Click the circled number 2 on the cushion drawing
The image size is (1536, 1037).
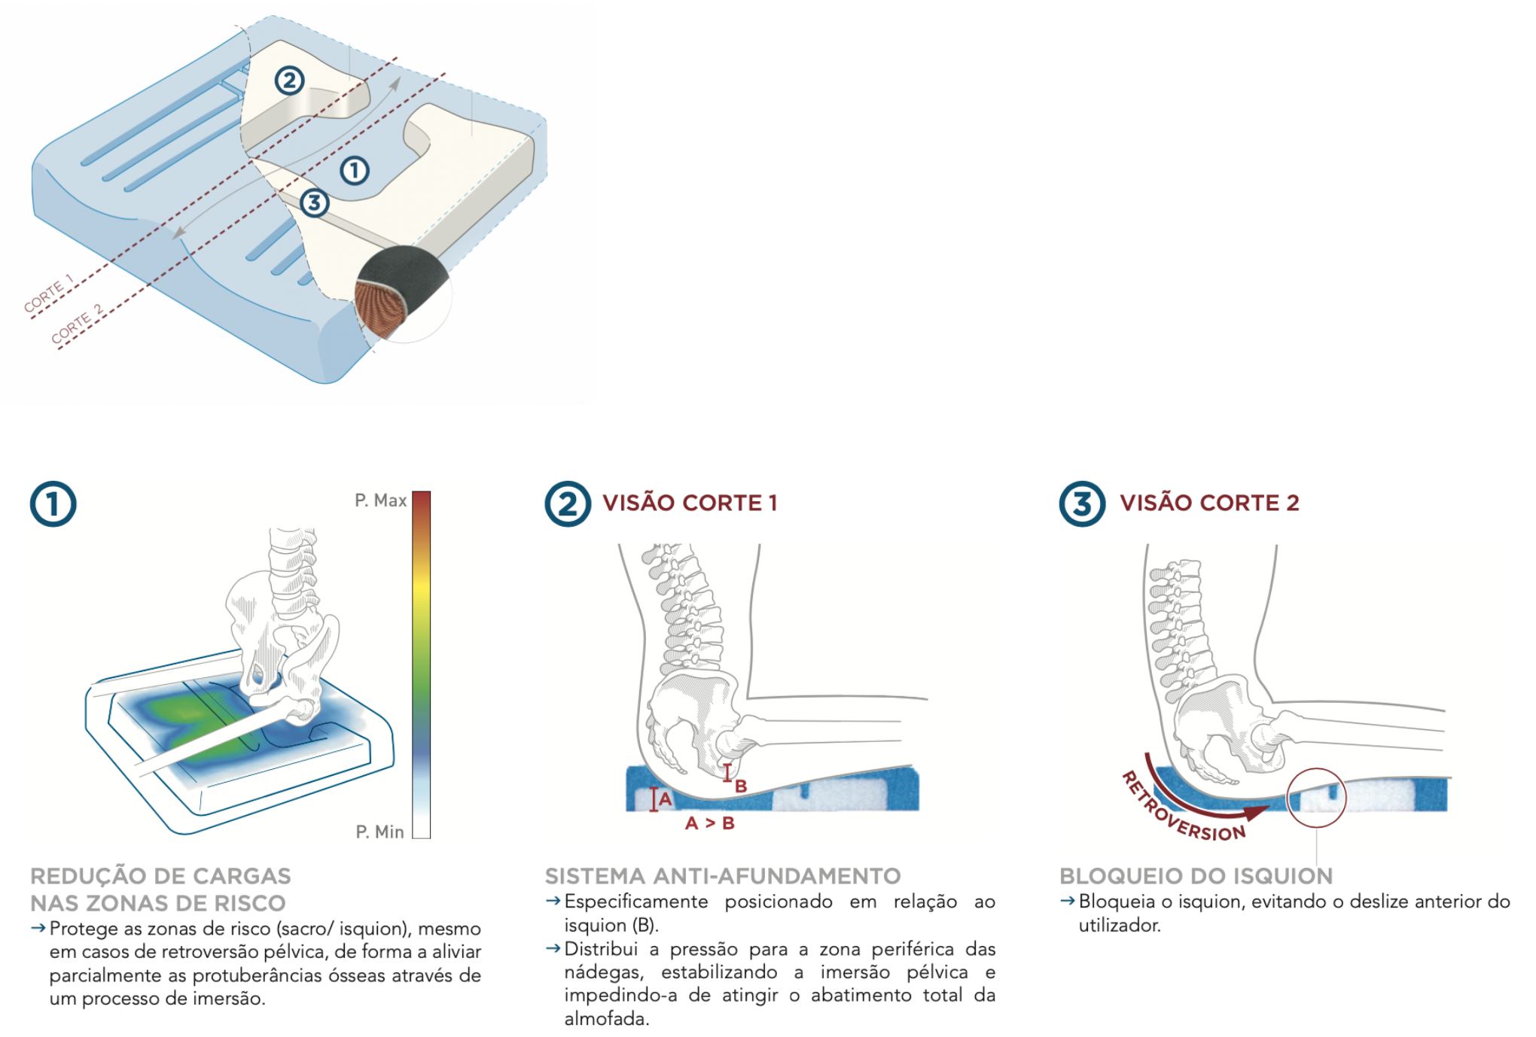pyautogui.click(x=289, y=81)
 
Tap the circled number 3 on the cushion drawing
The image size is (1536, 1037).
pyautogui.click(x=314, y=202)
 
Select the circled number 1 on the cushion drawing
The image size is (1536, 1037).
pyautogui.click(x=355, y=170)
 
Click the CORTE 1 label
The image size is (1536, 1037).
pyautogui.click(x=48, y=293)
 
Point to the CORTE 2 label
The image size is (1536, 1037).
pyautogui.click(x=77, y=324)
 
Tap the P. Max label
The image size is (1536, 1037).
pyautogui.click(x=380, y=500)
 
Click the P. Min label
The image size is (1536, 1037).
pyautogui.click(x=379, y=832)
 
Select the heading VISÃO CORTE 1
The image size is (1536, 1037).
pyautogui.click(x=689, y=503)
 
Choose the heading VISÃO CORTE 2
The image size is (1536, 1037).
pyautogui.click(x=1208, y=503)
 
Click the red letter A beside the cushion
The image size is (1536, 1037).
pyautogui.click(x=665, y=798)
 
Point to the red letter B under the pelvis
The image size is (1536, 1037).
pyautogui.click(x=741, y=786)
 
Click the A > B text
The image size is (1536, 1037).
pyautogui.click(x=709, y=823)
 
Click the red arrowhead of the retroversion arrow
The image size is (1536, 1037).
pyautogui.click(x=1256, y=811)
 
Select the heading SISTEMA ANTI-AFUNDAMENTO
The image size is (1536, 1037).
pyautogui.click(x=722, y=876)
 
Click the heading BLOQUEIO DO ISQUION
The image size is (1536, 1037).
pyautogui.click(x=1196, y=876)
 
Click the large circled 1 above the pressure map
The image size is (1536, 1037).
pyautogui.click(x=53, y=504)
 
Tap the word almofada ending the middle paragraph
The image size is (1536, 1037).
pyautogui.click(x=605, y=1019)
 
